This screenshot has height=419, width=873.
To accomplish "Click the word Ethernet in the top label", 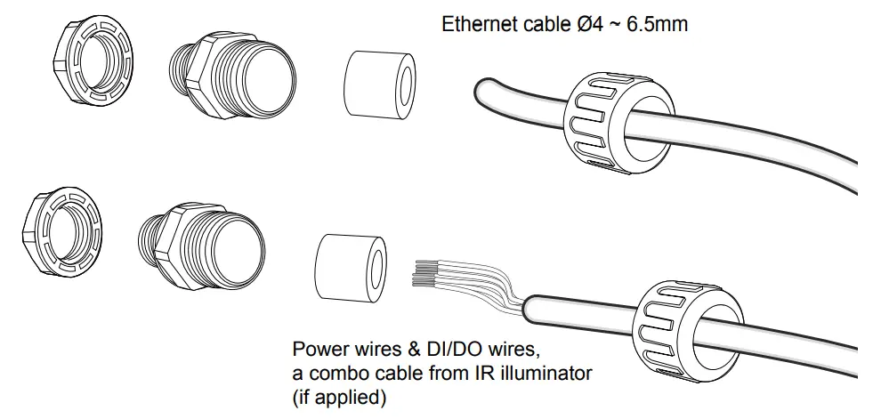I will tap(477, 24).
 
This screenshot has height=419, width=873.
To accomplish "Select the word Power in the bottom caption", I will tap(316, 347).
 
